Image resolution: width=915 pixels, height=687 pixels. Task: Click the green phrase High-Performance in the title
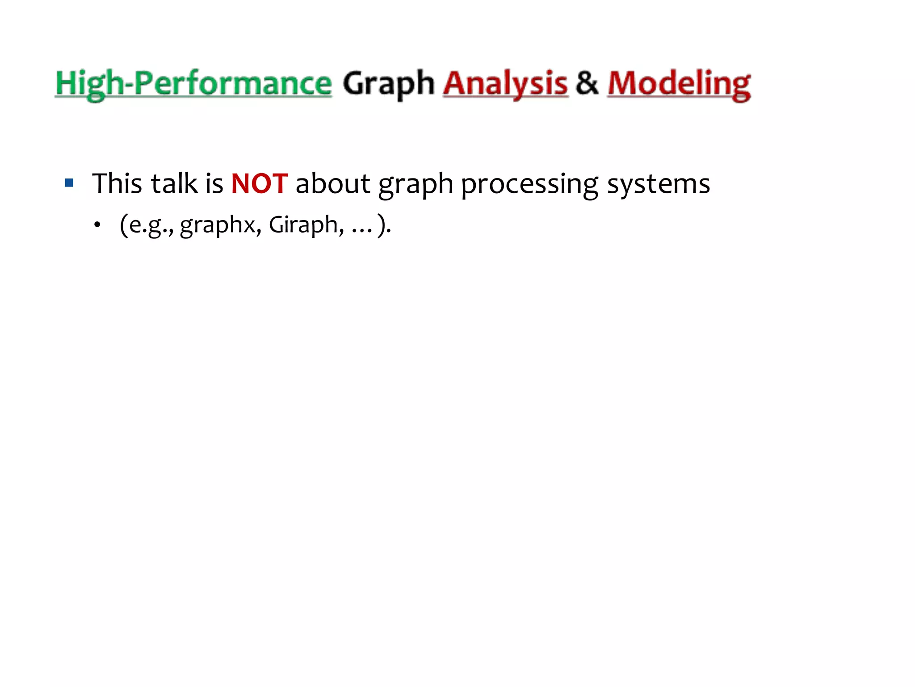tap(193, 84)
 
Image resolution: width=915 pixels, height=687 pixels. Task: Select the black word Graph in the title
tap(388, 84)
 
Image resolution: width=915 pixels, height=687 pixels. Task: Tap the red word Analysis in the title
tap(505, 84)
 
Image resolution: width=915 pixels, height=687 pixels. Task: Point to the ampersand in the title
tap(587, 83)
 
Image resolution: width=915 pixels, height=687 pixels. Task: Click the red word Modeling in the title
tap(679, 84)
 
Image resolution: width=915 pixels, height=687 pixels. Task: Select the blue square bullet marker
tap(69, 182)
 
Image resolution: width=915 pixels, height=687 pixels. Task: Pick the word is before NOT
tap(214, 183)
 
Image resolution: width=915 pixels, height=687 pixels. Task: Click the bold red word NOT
tap(259, 183)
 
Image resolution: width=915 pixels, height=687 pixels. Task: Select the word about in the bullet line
tap(333, 183)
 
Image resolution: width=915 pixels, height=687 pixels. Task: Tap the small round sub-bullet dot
tap(97, 225)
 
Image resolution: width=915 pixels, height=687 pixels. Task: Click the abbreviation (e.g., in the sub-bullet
tap(147, 225)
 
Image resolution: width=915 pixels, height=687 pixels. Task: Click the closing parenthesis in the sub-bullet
tap(382, 225)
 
